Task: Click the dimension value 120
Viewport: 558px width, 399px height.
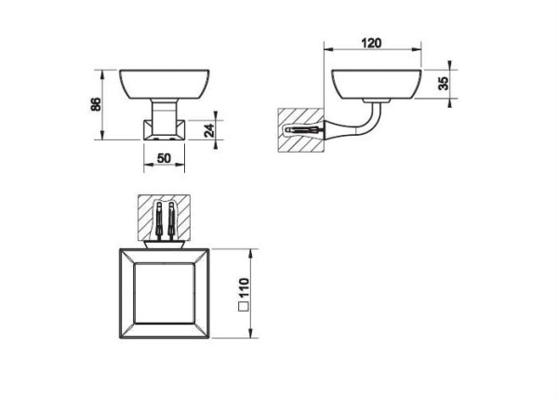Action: click(371, 43)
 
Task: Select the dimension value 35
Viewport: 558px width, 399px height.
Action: click(445, 84)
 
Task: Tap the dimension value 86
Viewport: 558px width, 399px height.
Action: click(96, 104)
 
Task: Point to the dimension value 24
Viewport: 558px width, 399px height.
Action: click(209, 130)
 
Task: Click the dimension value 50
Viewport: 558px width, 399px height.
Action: click(164, 158)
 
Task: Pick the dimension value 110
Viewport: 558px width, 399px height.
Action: click(244, 289)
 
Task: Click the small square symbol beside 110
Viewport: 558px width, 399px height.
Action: click(244, 307)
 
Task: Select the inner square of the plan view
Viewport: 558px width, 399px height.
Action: click(165, 294)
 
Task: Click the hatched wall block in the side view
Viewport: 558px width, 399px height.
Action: click(300, 130)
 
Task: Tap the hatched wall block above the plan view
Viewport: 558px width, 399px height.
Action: click(164, 217)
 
